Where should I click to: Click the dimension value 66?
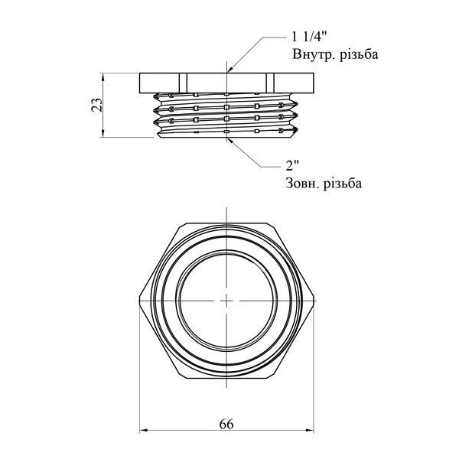pos(226,424)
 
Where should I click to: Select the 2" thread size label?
pos(292,167)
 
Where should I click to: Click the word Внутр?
pos(314,54)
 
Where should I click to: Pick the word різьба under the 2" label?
pos(343,184)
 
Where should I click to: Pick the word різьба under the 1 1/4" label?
pos(360,54)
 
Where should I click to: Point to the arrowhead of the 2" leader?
pos(230,141)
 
